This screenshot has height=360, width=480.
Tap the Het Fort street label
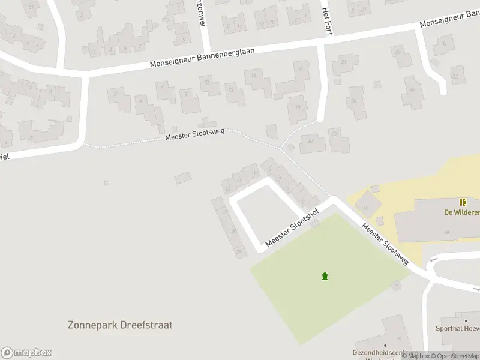pos(327,20)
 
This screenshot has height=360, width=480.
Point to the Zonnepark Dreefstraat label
pos(120,325)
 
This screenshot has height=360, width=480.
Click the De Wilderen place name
pos(461,212)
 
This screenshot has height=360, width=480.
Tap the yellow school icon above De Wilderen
pos(463,202)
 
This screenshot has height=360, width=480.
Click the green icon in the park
pos(325,277)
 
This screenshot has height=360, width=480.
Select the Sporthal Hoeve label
pos(460,328)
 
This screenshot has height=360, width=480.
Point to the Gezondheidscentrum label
pos(385,353)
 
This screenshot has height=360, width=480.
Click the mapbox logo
pos(26,353)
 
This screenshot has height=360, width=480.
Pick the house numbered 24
pos(355,101)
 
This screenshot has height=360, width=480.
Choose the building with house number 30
pos(412,90)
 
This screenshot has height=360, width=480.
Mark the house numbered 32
pos(455,76)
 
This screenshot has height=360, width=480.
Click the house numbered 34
pos(444,44)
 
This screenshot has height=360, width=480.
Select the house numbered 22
pos(334,133)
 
